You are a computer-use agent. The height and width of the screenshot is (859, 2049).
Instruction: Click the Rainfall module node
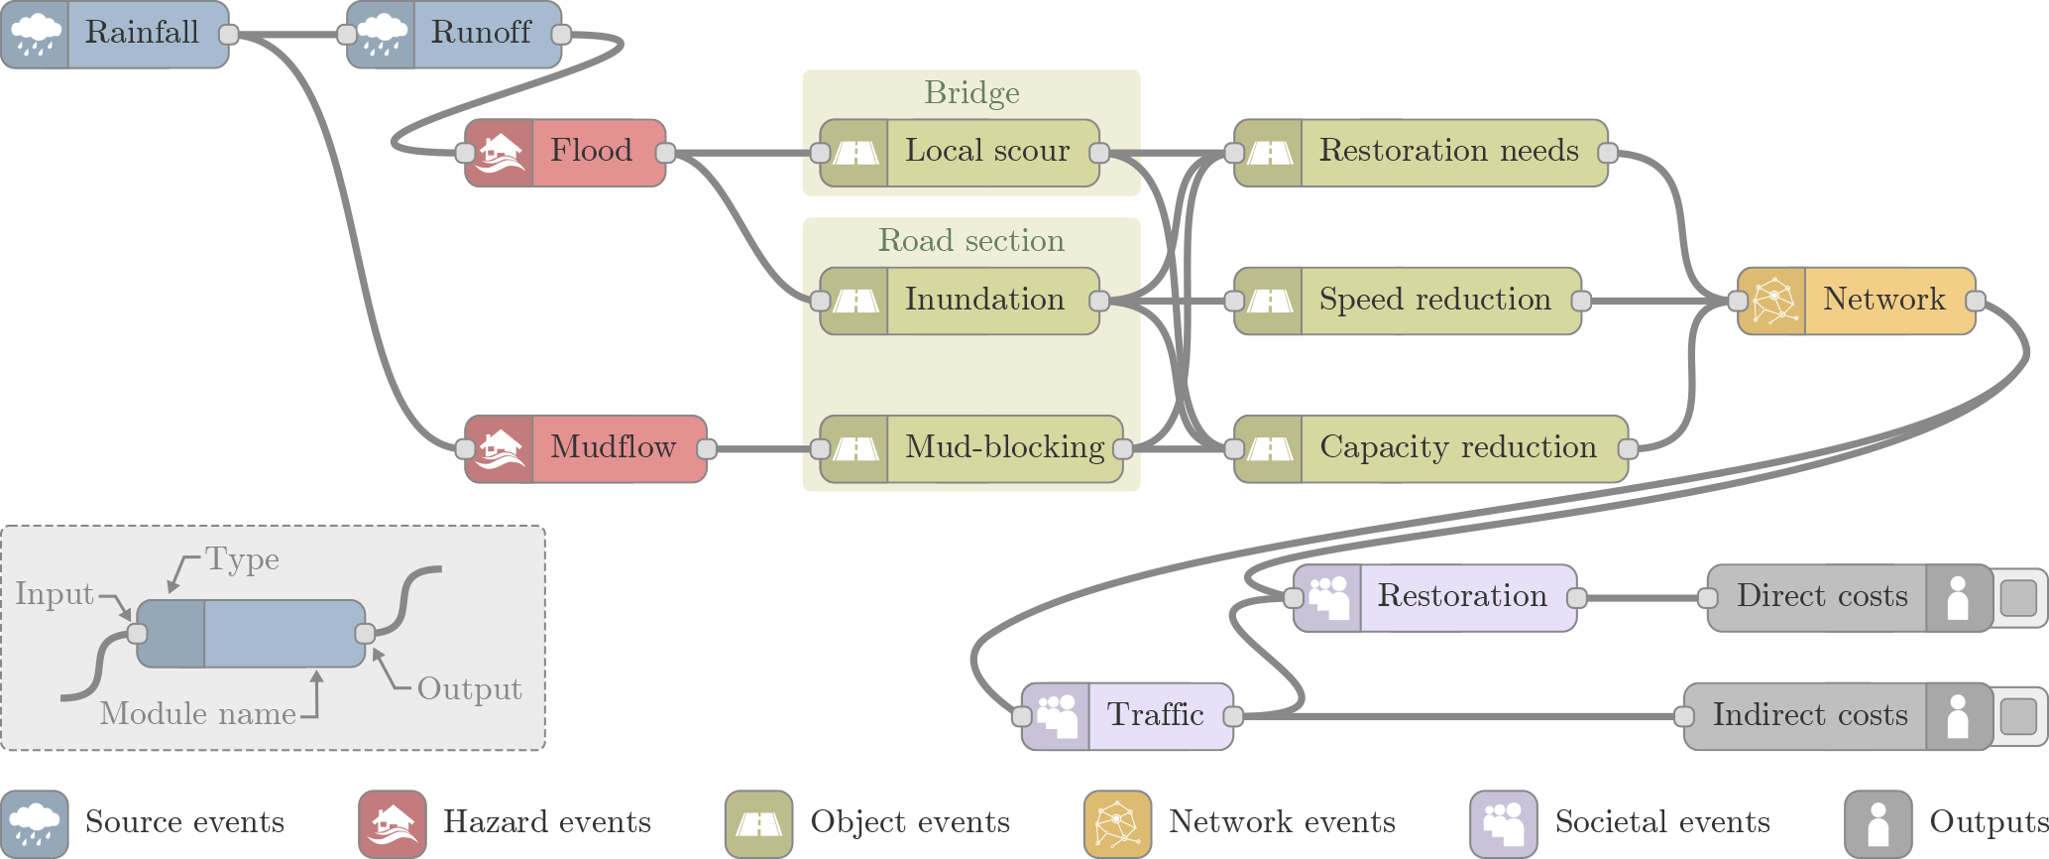click(x=115, y=35)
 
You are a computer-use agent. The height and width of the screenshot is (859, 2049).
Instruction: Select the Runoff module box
click(x=455, y=35)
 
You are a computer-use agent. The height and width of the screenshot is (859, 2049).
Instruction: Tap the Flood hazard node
click(x=565, y=153)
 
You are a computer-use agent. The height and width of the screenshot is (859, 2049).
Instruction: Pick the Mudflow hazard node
click(x=586, y=449)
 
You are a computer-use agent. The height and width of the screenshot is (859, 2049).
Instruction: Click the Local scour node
click(x=960, y=153)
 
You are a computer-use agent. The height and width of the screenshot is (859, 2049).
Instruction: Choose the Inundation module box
click(x=960, y=301)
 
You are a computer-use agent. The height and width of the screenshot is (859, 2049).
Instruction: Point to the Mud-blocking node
click(x=971, y=449)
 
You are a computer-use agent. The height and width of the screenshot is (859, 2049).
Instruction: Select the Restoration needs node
click(x=1421, y=153)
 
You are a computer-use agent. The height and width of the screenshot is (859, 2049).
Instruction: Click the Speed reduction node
click(x=1408, y=301)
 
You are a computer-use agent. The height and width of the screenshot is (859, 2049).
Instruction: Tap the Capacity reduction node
click(x=1430, y=449)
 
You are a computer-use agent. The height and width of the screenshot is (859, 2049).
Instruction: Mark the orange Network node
click(x=1856, y=301)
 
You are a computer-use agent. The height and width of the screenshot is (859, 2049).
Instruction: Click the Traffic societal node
click(x=1128, y=716)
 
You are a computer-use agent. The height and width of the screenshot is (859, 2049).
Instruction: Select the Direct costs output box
click(x=1850, y=598)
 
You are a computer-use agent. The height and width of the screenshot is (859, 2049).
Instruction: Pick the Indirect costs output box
click(x=1838, y=716)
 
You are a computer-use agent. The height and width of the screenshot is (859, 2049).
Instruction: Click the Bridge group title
click(x=971, y=93)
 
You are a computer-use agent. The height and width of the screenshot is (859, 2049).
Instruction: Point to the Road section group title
click(x=971, y=241)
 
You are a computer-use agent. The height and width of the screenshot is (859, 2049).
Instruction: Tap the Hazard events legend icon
click(x=393, y=823)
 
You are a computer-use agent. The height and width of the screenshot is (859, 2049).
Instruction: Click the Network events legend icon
click(x=1117, y=823)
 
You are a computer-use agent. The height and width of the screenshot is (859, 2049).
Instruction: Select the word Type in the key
click(x=242, y=560)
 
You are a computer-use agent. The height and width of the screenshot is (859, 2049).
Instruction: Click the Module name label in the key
click(x=198, y=714)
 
